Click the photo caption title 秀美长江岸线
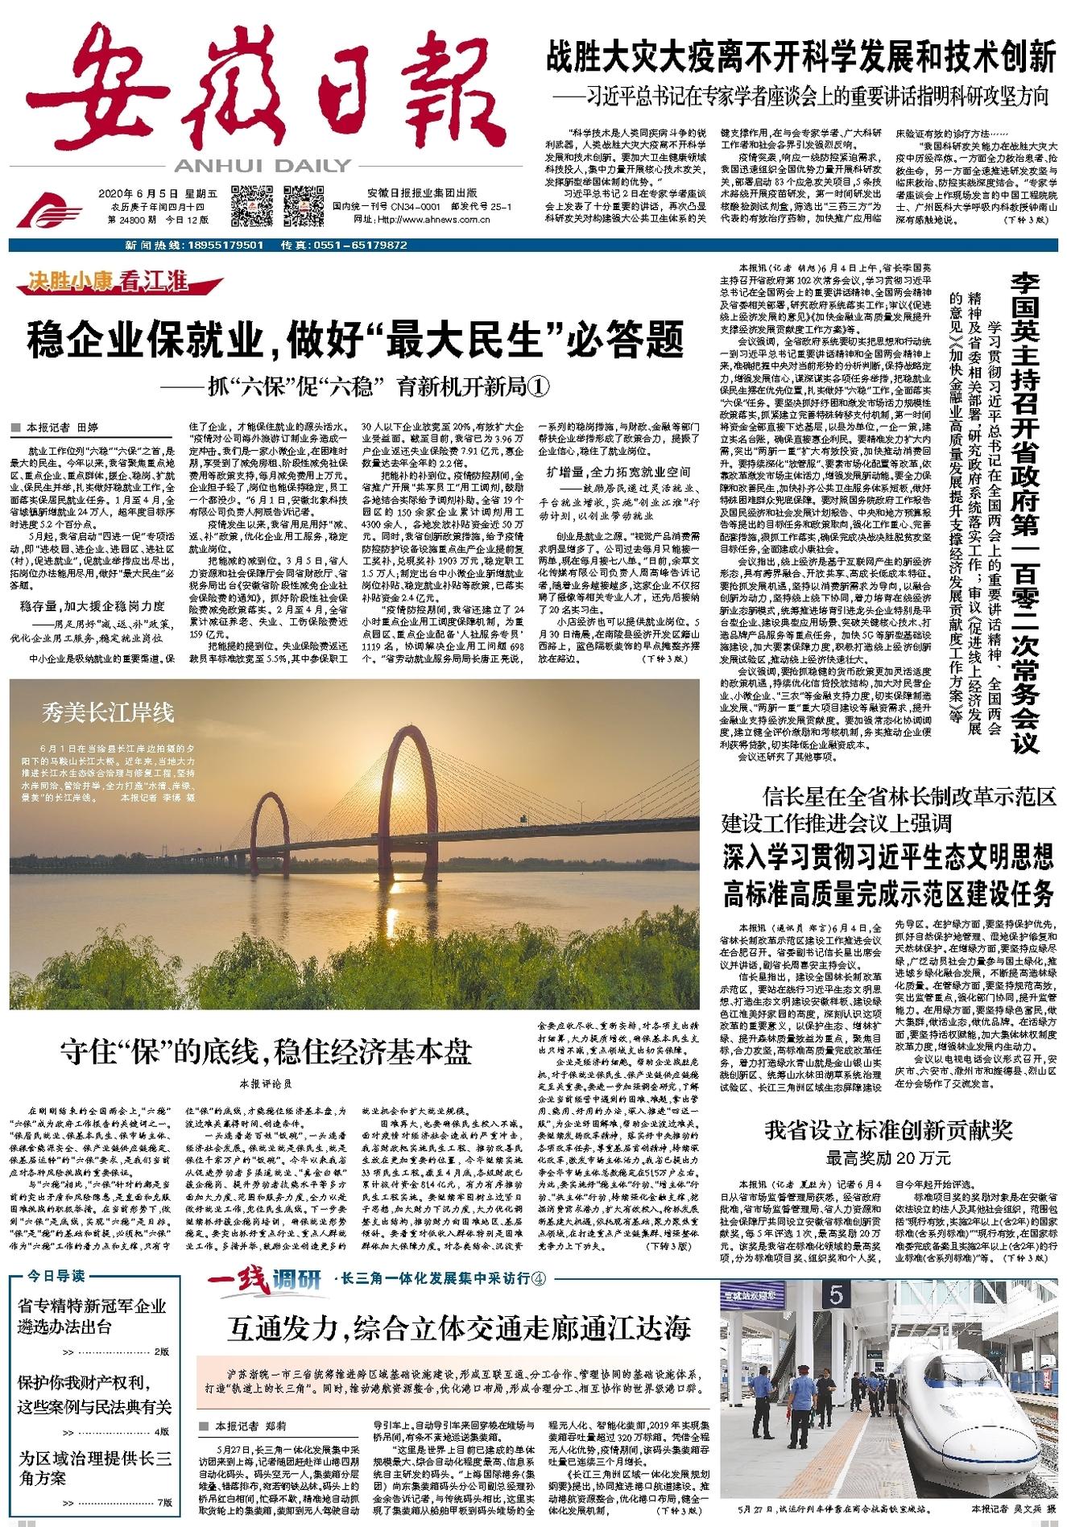pyautogui.click(x=108, y=712)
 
